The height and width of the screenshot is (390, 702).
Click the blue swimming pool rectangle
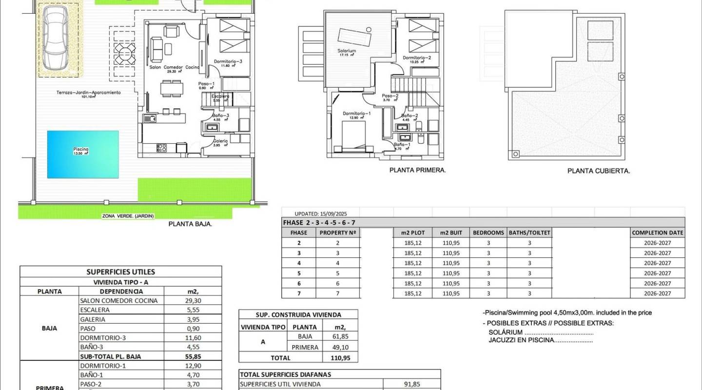(83, 154)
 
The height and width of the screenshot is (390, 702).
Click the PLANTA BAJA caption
(190, 224)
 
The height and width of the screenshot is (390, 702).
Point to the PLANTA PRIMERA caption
(418, 170)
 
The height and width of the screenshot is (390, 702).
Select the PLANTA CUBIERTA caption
(599, 171)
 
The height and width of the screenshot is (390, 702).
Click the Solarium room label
(346, 51)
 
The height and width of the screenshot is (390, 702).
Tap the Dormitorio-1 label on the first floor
(356, 113)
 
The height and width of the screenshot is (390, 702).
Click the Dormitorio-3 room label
(228, 61)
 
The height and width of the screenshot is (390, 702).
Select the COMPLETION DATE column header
(657, 233)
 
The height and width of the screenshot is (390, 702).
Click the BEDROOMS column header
(488, 233)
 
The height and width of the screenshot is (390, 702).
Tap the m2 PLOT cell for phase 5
(412, 273)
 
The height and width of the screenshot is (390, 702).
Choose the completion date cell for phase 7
(657, 293)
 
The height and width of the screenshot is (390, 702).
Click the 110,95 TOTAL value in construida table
(340, 357)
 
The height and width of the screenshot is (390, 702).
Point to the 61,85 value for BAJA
(340, 336)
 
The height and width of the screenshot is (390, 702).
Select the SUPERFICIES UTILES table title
(120, 272)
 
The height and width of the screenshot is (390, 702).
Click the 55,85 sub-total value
(194, 356)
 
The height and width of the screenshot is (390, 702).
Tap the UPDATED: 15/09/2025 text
(320, 214)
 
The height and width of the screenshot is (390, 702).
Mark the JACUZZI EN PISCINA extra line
(540, 340)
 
